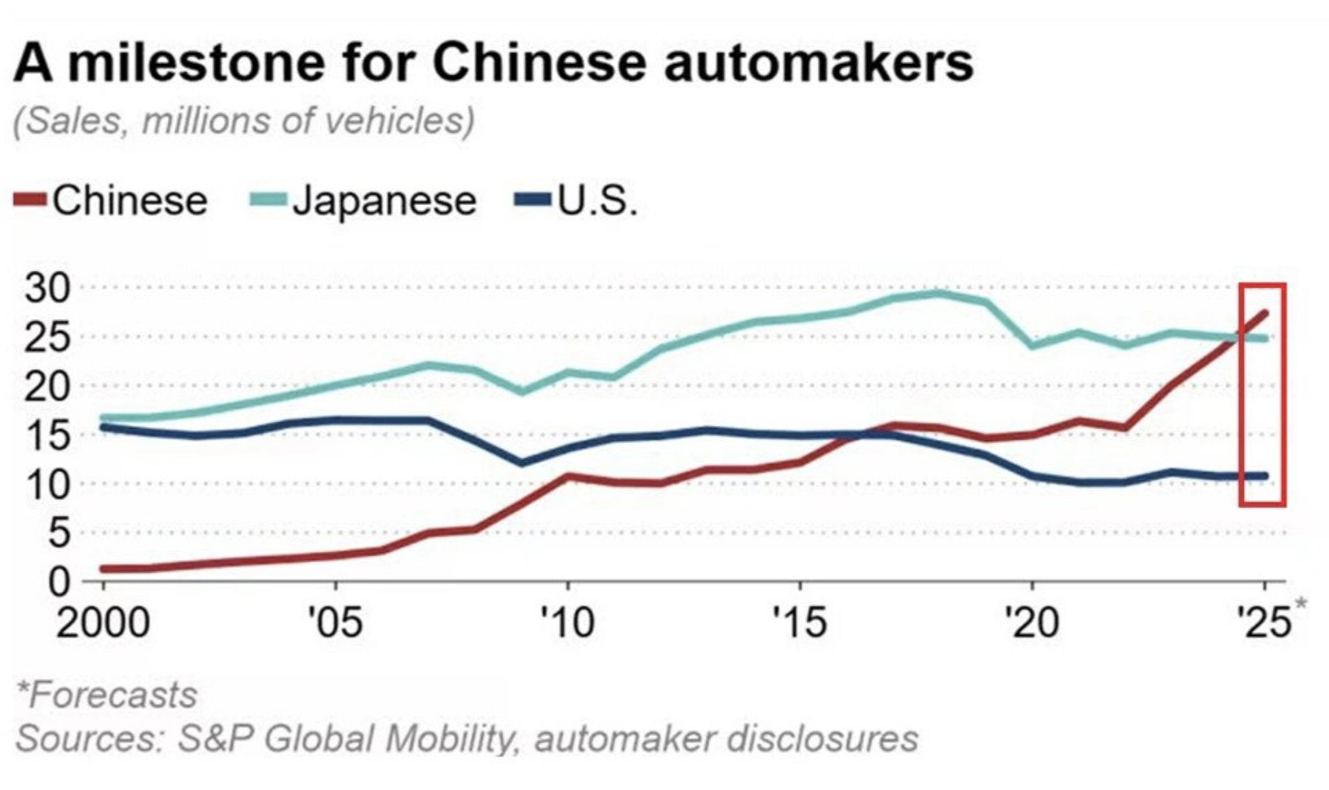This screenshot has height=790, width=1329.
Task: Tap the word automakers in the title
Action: pos(819,63)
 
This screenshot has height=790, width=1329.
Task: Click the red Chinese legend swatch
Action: pos(30,200)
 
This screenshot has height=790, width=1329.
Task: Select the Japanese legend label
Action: pos(384,200)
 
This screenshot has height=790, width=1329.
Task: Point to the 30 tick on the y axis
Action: pos(47,288)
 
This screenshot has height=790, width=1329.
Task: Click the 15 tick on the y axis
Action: pos(47,435)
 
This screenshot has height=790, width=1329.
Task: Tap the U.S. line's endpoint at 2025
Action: pos(1264,476)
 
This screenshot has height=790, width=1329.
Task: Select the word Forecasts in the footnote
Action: pos(111,695)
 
